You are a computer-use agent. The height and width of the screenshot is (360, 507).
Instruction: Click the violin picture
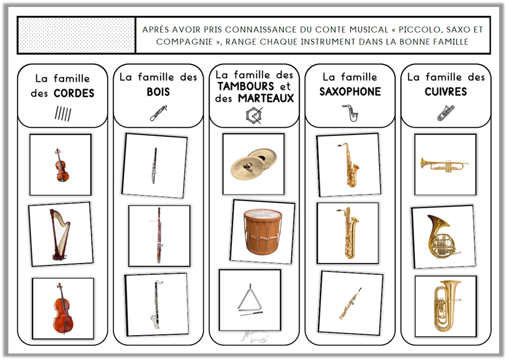click(x=61, y=165)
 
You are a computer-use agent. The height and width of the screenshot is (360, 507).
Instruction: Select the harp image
click(x=60, y=234)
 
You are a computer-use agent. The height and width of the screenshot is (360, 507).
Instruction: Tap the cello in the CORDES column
click(x=62, y=308)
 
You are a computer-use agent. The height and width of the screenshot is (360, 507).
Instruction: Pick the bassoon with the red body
click(x=159, y=235)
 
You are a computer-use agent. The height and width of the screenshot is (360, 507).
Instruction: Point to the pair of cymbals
click(x=253, y=164)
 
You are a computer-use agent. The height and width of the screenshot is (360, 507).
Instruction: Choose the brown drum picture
click(x=262, y=231)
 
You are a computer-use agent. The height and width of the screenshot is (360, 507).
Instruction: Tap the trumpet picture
click(x=445, y=164)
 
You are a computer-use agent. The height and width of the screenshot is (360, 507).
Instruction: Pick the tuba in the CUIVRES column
click(x=445, y=306)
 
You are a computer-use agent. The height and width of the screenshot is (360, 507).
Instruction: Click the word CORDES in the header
click(x=74, y=93)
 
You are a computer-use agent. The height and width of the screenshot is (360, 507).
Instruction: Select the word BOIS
click(x=158, y=92)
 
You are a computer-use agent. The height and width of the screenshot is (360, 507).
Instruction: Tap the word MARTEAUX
click(x=266, y=98)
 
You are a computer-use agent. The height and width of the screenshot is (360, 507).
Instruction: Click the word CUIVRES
click(x=445, y=92)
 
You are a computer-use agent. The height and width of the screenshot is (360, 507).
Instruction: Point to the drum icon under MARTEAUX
click(x=254, y=115)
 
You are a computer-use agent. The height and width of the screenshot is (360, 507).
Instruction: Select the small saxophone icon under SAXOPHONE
click(x=350, y=113)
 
